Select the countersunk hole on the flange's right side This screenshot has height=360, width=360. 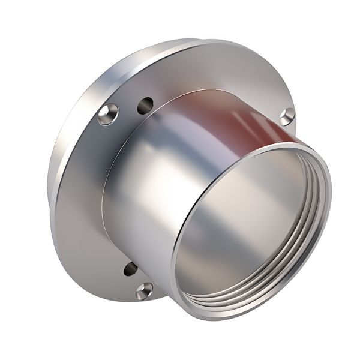[287, 116]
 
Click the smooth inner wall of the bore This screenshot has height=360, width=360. [240, 228]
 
